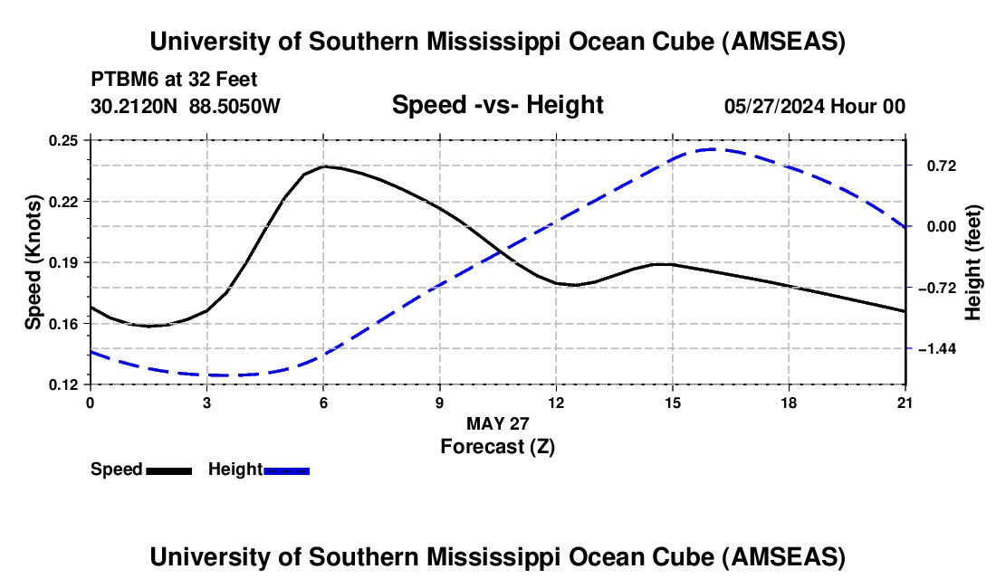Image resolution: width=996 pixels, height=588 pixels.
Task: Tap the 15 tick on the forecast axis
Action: [x=672, y=402]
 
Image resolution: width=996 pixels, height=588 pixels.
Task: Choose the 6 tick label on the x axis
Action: [x=323, y=402]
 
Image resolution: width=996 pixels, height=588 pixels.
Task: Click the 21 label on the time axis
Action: [x=905, y=402]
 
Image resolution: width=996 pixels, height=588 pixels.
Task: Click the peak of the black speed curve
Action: [x=324, y=166]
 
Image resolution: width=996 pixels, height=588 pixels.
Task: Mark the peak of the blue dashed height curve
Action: [x=713, y=149]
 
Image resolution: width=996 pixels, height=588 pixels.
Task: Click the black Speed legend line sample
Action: [x=168, y=470]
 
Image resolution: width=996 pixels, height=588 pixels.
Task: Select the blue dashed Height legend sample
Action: [x=287, y=470]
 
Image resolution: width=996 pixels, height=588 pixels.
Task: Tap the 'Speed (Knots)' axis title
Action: [x=34, y=262]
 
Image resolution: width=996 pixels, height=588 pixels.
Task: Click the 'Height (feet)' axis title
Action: [x=973, y=262]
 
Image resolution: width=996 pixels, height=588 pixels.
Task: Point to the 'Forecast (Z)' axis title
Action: [x=497, y=446]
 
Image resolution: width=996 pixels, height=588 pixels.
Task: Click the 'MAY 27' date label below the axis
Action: [x=497, y=423]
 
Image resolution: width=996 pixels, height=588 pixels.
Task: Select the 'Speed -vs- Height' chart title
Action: [x=497, y=105]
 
